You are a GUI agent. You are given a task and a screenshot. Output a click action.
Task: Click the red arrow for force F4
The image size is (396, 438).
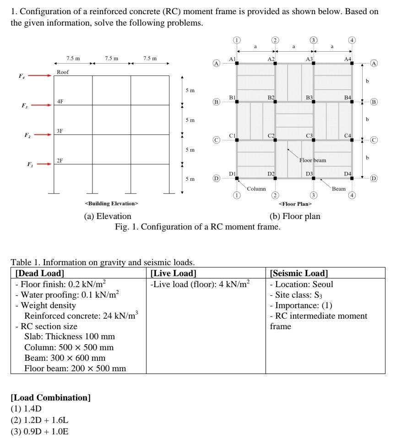pos(40,76)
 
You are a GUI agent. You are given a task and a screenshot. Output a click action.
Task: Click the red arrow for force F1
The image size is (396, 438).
pos(40,164)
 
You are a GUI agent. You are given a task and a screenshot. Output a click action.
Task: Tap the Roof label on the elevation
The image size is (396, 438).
pos(63,72)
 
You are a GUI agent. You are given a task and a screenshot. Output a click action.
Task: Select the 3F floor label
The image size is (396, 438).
pos(60,131)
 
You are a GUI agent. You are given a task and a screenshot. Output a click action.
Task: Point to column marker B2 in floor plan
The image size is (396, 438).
pos(275,101)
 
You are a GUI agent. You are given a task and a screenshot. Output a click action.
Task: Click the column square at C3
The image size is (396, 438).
pos(314,140)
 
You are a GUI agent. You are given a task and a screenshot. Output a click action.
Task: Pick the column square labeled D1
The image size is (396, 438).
pos(237,178)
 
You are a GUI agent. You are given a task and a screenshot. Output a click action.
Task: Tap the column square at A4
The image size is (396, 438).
pos(352,63)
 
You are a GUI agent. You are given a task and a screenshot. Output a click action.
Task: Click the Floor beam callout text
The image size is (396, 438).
pos(313,160)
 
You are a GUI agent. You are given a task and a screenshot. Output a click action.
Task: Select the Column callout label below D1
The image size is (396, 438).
pos(256,189)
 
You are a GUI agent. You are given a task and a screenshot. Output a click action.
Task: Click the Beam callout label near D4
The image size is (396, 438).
pos(339,189)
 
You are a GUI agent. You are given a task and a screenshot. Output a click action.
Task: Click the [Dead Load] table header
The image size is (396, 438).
pos(40,273)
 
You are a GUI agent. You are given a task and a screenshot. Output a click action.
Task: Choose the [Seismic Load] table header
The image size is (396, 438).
pos(299,273)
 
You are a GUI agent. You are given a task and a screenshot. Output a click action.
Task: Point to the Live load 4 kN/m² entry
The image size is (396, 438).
pos(201,284)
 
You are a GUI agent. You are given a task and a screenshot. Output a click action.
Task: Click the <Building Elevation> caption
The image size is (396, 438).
pos(111,203)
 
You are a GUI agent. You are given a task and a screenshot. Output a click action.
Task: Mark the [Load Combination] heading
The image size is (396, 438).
pos(50,397)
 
